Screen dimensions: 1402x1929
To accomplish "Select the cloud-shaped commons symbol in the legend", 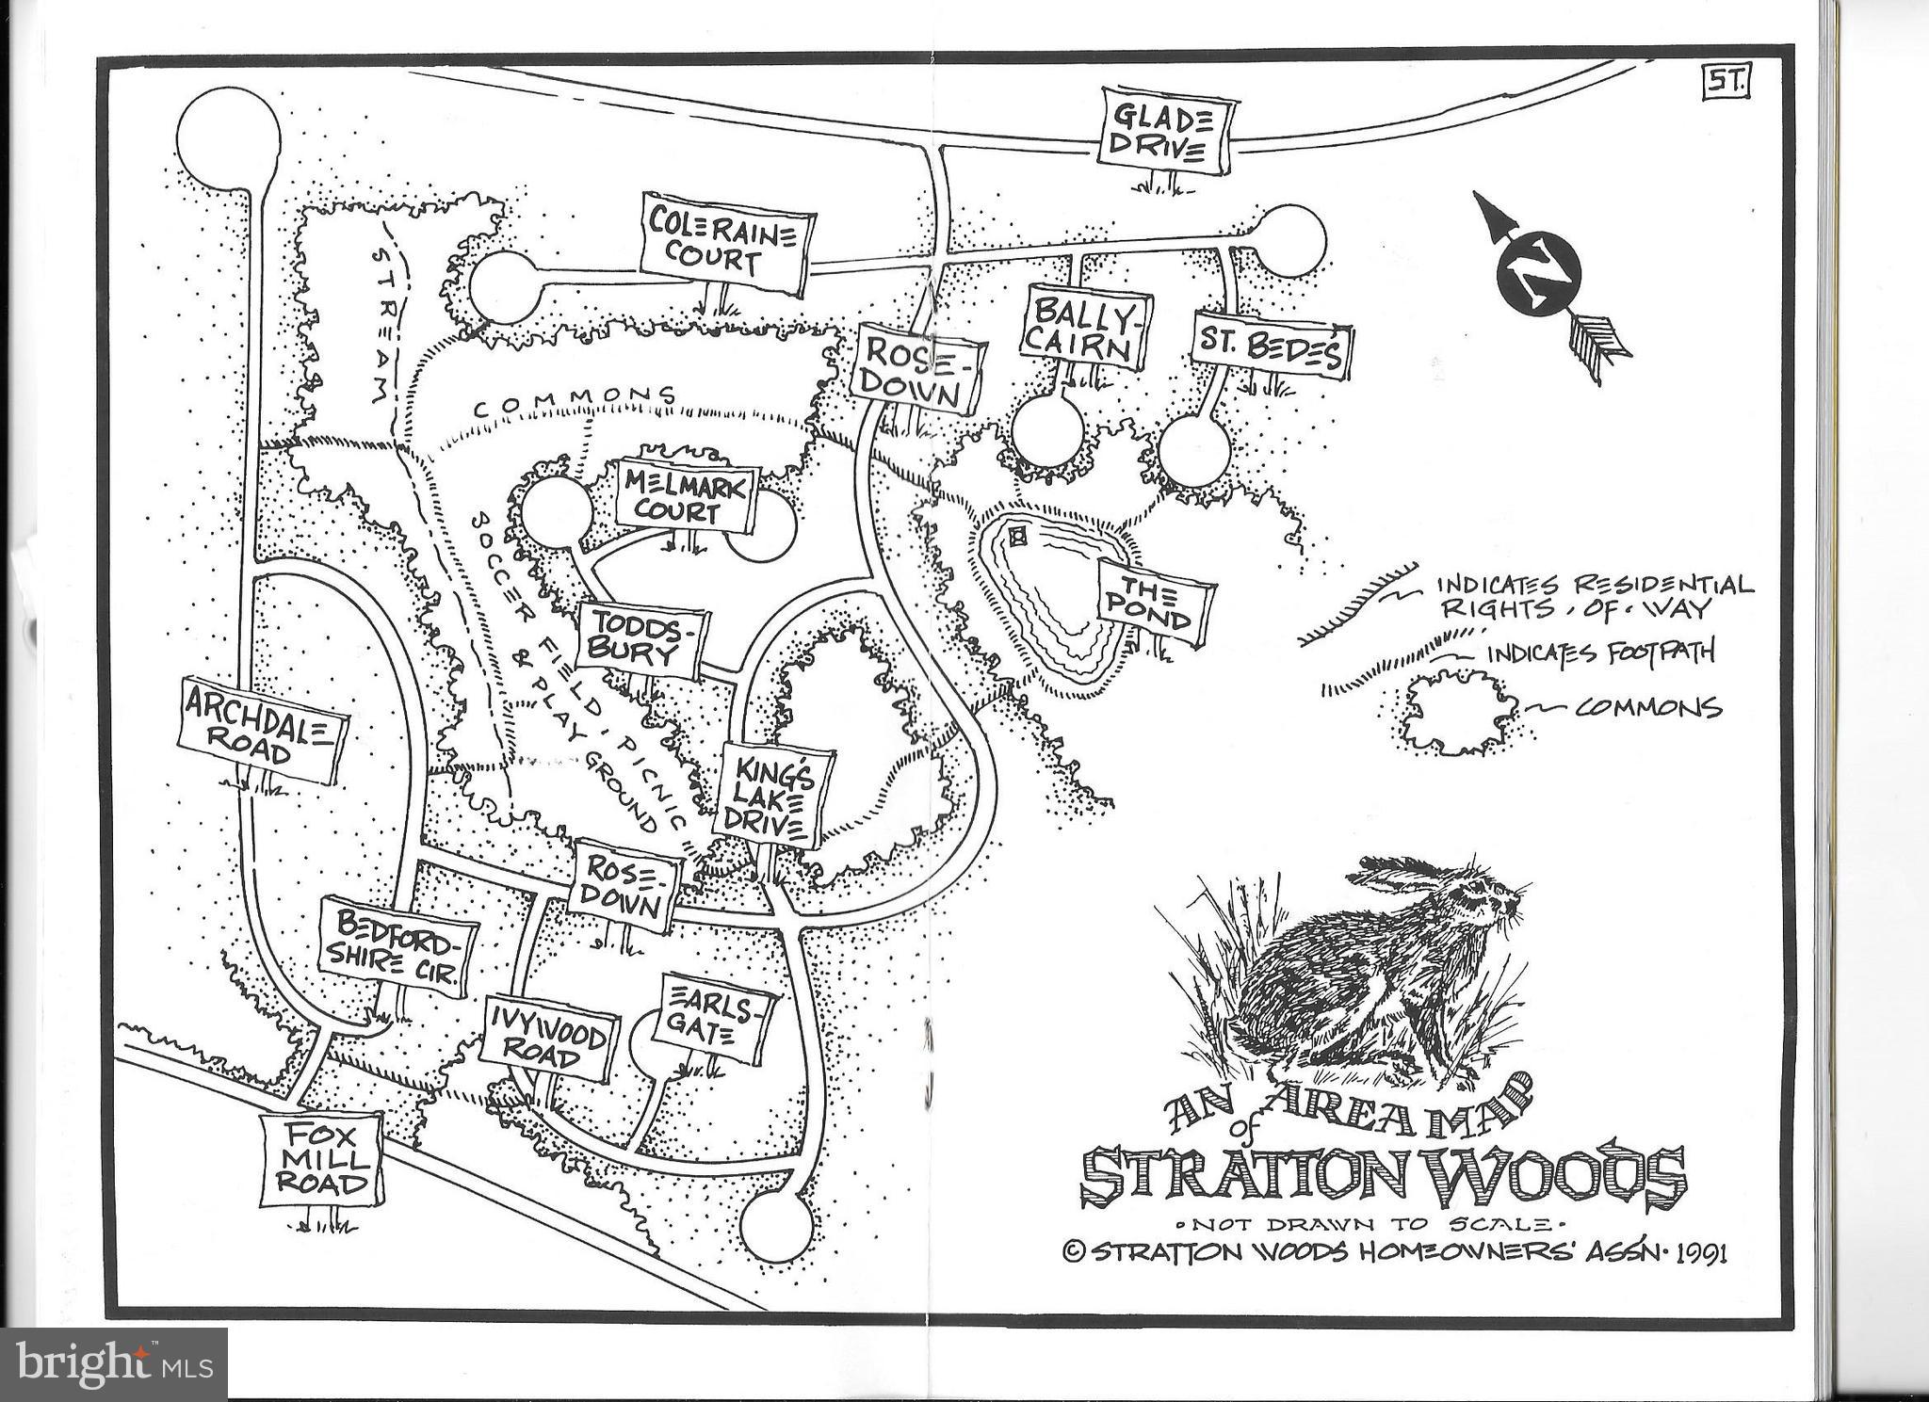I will coord(1455,711).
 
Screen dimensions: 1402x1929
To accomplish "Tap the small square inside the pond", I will coord(1017,538).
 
